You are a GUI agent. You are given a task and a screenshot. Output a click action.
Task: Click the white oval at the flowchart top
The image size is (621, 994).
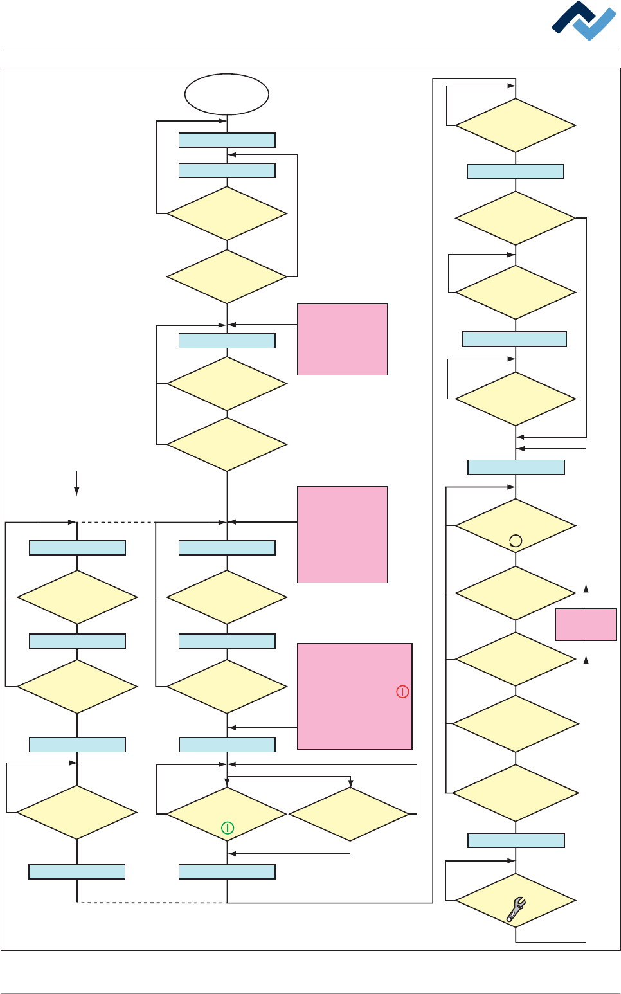(x=226, y=94)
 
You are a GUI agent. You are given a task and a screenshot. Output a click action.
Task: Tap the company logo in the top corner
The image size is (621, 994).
(x=583, y=21)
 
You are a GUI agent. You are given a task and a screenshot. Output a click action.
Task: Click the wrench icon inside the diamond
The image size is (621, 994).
(x=516, y=909)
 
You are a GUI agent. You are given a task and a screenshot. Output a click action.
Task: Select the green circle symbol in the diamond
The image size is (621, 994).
(x=227, y=827)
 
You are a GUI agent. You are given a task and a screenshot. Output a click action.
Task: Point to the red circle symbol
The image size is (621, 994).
(x=402, y=692)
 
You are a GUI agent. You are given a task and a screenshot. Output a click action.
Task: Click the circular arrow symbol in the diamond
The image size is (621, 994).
(x=516, y=541)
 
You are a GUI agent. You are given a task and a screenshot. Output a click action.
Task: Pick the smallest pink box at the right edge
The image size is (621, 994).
(x=586, y=624)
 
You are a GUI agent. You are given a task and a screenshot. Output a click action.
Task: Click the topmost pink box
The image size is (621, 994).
(x=342, y=339)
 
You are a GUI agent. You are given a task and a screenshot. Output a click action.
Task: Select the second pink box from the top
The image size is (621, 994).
(x=342, y=534)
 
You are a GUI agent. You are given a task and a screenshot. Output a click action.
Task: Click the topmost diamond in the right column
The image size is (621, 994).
(x=516, y=125)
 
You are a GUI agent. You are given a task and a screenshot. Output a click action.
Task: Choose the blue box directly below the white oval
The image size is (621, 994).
(x=227, y=140)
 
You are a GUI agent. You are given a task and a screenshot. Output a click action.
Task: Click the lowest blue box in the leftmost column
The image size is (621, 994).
(x=77, y=872)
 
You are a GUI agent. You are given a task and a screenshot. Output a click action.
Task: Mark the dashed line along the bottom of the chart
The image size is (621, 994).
(x=152, y=903)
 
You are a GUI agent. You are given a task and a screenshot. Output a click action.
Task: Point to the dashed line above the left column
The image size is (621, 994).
(x=116, y=522)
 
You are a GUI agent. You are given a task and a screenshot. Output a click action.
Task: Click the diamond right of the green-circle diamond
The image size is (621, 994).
(x=350, y=814)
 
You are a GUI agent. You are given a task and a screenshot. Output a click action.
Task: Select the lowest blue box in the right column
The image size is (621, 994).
(x=516, y=840)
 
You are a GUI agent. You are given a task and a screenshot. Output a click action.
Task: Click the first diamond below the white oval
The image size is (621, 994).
(x=227, y=213)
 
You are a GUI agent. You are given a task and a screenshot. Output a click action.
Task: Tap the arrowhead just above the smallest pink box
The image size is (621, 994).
(x=586, y=588)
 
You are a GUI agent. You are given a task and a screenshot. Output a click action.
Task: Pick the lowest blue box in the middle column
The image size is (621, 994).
(x=227, y=872)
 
